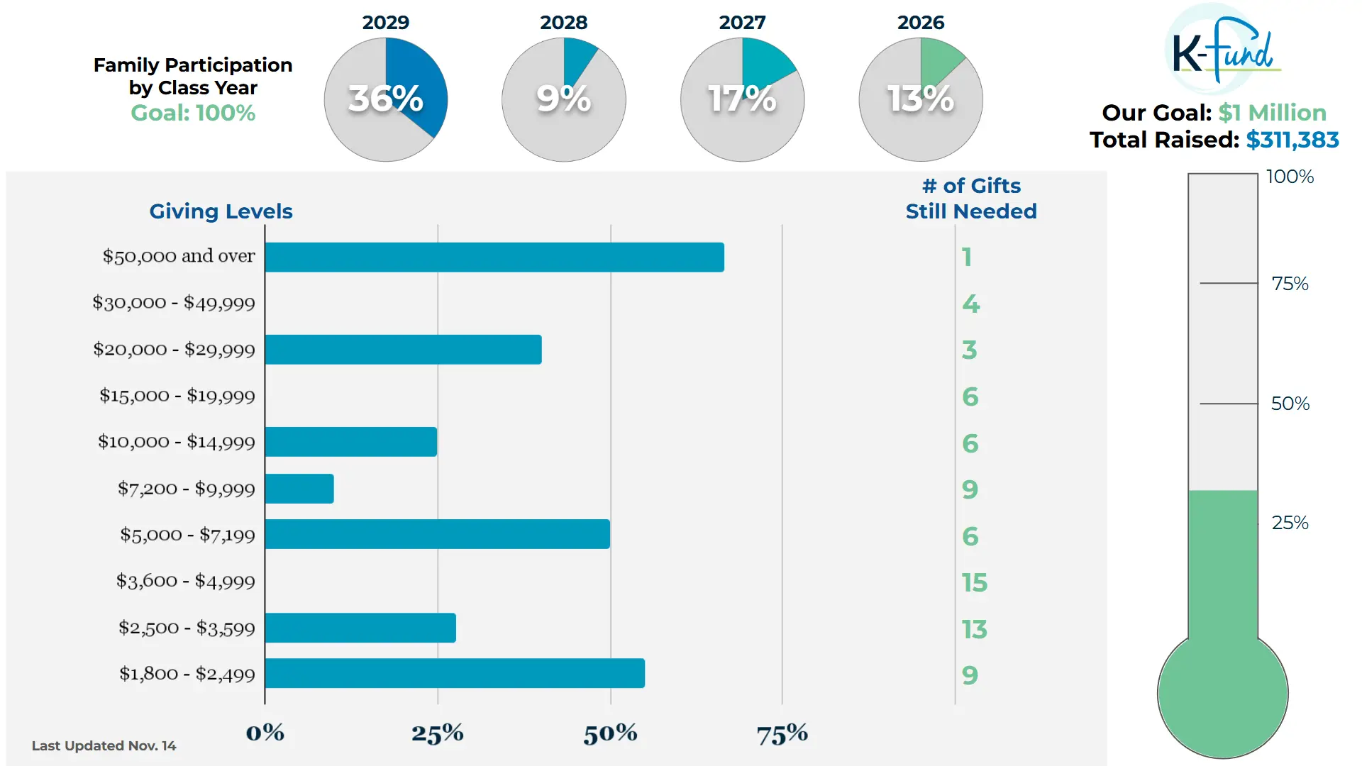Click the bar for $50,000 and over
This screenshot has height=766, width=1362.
[x=494, y=257]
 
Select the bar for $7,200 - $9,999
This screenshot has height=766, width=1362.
[x=299, y=489]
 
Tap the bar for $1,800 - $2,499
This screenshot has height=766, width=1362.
[x=455, y=673]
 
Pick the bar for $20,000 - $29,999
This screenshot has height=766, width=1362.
[x=403, y=350]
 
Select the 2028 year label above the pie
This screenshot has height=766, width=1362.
[x=564, y=23]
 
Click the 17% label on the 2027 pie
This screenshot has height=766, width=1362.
[x=742, y=99]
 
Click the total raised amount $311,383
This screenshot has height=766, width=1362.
[x=1292, y=140]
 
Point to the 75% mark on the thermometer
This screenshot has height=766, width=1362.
[x=1290, y=284]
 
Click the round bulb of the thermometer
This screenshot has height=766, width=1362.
[x=1222, y=695]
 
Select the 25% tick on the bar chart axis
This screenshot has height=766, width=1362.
[x=438, y=733]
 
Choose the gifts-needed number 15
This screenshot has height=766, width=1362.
[x=975, y=583]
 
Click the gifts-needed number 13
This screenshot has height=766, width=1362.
[x=975, y=629]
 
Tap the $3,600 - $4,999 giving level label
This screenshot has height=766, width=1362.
[x=186, y=582]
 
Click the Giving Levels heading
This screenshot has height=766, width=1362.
[x=221, y=211]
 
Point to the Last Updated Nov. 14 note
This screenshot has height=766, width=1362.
[x=104, y=745]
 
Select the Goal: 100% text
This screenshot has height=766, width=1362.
[x=193, y=113]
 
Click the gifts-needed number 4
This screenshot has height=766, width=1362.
[x=970, y=304]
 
